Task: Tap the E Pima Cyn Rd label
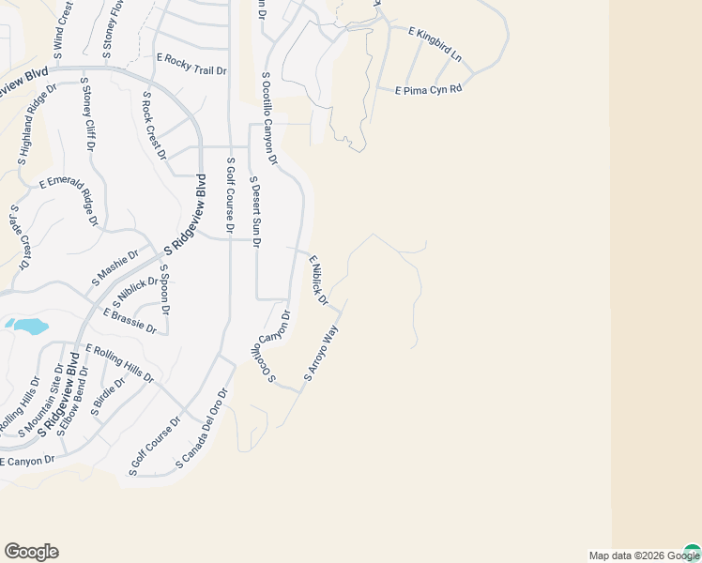tap(429, 90)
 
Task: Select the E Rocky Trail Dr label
tap(191, 64)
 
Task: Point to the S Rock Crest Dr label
tap(153, 126)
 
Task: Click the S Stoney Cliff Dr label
tap(89, 118)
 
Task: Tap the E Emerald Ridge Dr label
tap(68, 201)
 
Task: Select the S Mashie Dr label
tap(114, 267)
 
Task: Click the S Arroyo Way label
tap(320, 353)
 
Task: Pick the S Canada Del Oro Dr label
tap(202, 430)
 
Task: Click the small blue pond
tap(28, 327)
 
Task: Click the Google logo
tap(31, 552)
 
